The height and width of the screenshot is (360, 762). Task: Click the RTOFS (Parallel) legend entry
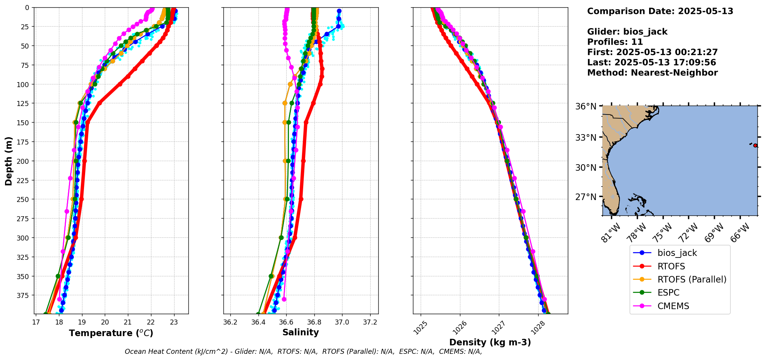point(692,279)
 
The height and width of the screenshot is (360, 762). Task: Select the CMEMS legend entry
point(673,306)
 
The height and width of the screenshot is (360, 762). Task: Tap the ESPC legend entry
point(668,293)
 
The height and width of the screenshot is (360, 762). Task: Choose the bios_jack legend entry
point(677,253)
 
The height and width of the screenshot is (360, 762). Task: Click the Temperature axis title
point(111,333)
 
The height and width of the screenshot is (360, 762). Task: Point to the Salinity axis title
point(300,332)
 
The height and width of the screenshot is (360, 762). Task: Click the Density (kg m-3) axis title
point(490,342)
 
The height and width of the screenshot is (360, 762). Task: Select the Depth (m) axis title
point(8,161)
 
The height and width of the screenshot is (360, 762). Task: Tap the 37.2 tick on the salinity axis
point(370,322)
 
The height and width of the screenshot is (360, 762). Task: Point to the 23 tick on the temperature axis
point(174,322)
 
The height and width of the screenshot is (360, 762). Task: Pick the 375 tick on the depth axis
point(23,295)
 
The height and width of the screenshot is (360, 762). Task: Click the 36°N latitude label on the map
point(586,106)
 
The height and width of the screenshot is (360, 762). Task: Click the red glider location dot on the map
point(755,145)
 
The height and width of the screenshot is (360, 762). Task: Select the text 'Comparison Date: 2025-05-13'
point(660,11)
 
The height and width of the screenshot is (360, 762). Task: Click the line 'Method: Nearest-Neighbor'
point(652,73)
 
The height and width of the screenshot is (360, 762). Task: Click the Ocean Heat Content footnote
point(303,352)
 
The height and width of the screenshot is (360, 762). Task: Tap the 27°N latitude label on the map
point(586,197)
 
